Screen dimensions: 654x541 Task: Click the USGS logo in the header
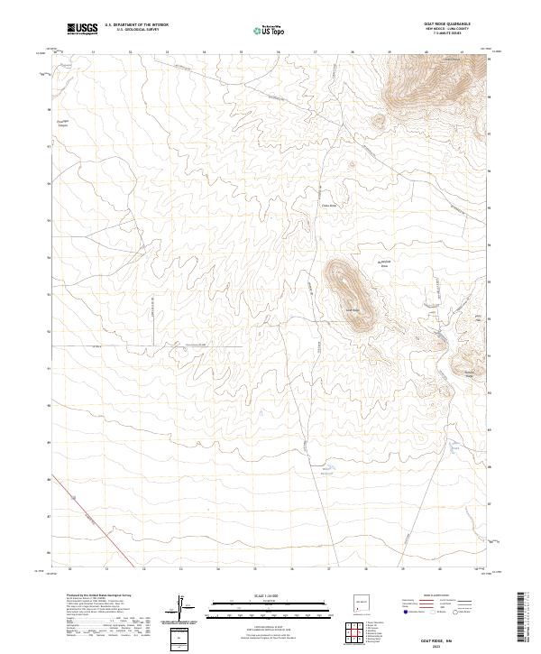click(83, 29)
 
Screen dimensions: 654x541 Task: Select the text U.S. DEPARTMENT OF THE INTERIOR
click(136, 24)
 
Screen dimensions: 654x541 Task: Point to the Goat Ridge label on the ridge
click(353, 312)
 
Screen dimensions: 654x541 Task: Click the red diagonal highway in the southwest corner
click(95, 523)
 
